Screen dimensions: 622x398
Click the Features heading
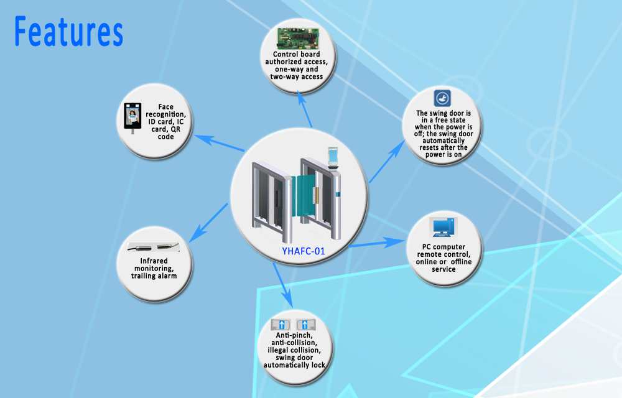[x=68, y=31]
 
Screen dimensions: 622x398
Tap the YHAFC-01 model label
[x=304, y=251]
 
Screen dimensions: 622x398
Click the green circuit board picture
[x=298, y=39]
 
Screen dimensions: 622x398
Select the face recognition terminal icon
[x=132, y=118]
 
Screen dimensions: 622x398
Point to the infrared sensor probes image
[x=154, y=248]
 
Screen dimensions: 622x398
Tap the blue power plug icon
[x=442, y=98]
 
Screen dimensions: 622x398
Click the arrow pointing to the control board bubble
[x=304, y=110]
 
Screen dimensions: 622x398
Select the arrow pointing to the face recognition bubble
[x=219, y=143]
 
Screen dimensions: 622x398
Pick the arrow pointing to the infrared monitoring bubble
[x=208, y=223]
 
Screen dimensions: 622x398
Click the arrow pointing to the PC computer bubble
[x=377, y=243]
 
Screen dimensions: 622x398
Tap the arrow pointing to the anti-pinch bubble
[x=282, y=285]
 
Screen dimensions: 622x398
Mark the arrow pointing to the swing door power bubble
[x=387, y=161]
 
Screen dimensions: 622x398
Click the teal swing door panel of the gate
[x=305, y=196]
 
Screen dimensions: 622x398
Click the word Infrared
[x=154, y=261]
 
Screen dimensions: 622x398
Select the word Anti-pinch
[x=294, y=335]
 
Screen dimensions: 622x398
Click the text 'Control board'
[x=296, y=54]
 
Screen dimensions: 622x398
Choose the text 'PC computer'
[x=444, y=247]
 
